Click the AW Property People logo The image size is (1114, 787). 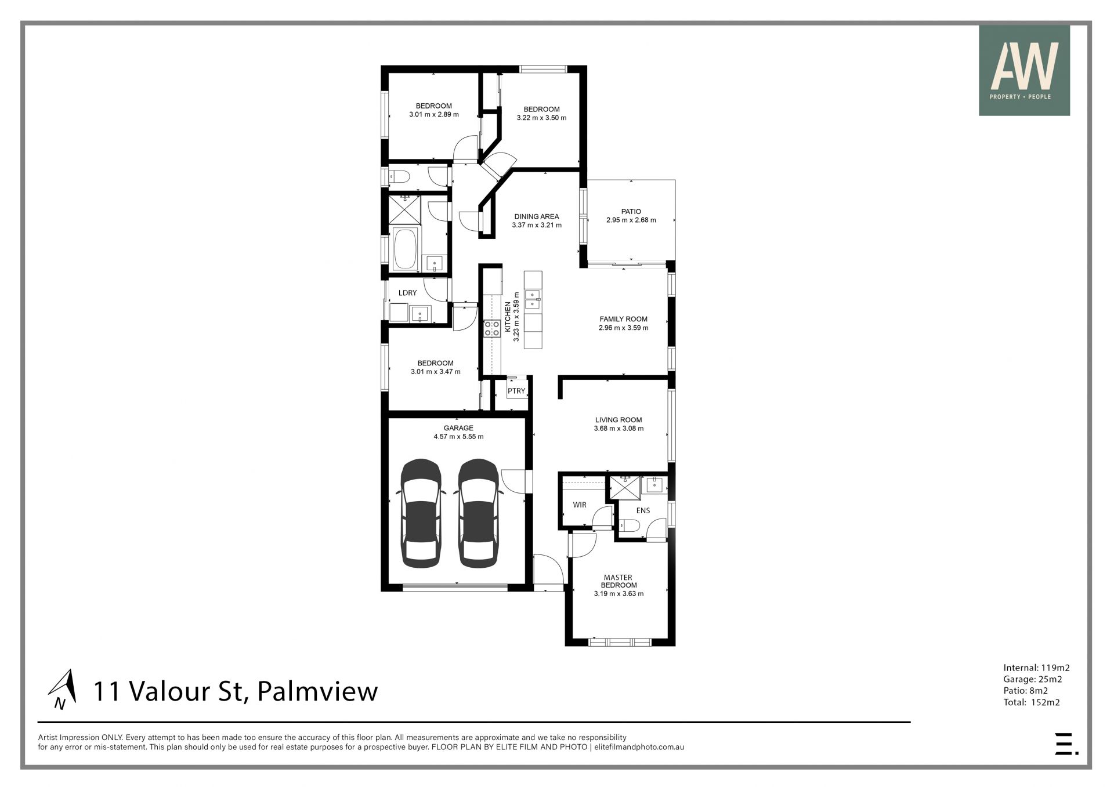(1024, 70)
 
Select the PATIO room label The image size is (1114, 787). (631, 212)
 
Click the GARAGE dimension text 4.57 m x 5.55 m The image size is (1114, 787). (458, 437)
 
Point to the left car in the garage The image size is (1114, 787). (421, 513)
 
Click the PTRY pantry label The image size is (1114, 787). (516, 391)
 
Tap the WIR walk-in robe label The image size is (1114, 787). (580, 505)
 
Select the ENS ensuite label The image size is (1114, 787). (643, 511)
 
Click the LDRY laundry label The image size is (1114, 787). (407, 293)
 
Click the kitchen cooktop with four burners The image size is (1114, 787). (492, 329)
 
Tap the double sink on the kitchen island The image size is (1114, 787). (533, 299)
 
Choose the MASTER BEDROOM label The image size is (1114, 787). (618, 581)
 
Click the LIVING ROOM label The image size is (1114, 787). (619, 420)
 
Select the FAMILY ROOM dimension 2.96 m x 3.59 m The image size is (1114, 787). (624, 328)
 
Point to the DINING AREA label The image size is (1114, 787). (537, 217)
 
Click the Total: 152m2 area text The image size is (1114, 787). (1032, 702)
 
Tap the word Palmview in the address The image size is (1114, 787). (317, 691)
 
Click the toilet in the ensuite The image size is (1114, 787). (628, 525)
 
